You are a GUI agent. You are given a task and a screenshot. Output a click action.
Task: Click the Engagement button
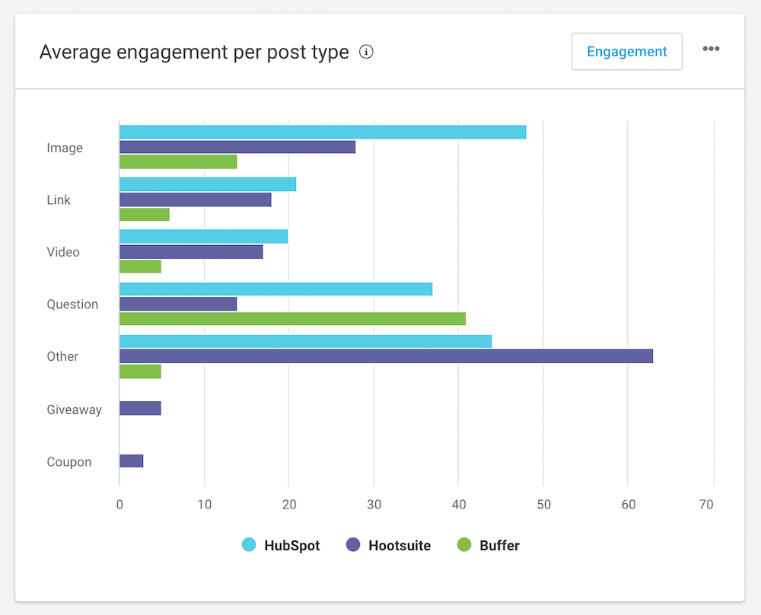pyautogui.click(x=626, y=52)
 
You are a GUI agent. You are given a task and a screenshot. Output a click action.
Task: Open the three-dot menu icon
pyautogui.click(x=711, y=49)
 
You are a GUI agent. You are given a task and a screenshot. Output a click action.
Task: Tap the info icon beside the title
pyautogui.click(x=367, y=52)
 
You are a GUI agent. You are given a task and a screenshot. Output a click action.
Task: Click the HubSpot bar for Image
pyautogui.click(x=322, y=132)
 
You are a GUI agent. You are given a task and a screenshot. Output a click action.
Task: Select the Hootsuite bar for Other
pyautogui.click(x=386, y=356)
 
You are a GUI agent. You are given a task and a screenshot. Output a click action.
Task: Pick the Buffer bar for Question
pyautogui.click(x=292, y=319)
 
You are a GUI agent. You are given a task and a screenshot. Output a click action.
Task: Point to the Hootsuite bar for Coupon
pyautogui.click(x=131, y=461)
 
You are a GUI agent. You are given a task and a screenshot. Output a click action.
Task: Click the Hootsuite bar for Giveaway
pyautogui.click(x=140, y=409)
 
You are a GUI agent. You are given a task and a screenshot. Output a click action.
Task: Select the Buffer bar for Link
pyautogui.click(x=144, y=215)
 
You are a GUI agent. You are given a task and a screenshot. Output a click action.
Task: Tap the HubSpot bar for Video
pyautogui.click(x=203, y=237)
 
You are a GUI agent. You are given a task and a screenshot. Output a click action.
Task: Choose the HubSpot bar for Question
pyautogui.click(x=275, y=289)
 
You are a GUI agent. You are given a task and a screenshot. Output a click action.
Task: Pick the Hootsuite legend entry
pyautogui.click(x=388, y=545)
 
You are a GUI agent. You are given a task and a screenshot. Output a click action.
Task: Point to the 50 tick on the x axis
pyautogui.click(x=543, y=504)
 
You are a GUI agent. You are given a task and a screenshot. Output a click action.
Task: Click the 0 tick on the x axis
pyautogui.click(x=119, y=504)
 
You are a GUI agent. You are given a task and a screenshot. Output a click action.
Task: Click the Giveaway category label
pyautogui.click(x=74, y=409)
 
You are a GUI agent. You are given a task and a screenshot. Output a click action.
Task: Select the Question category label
pyautogui.click(x=72, y=304)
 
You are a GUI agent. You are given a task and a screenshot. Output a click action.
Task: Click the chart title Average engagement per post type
pyautogui.click(x=194, y=52)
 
